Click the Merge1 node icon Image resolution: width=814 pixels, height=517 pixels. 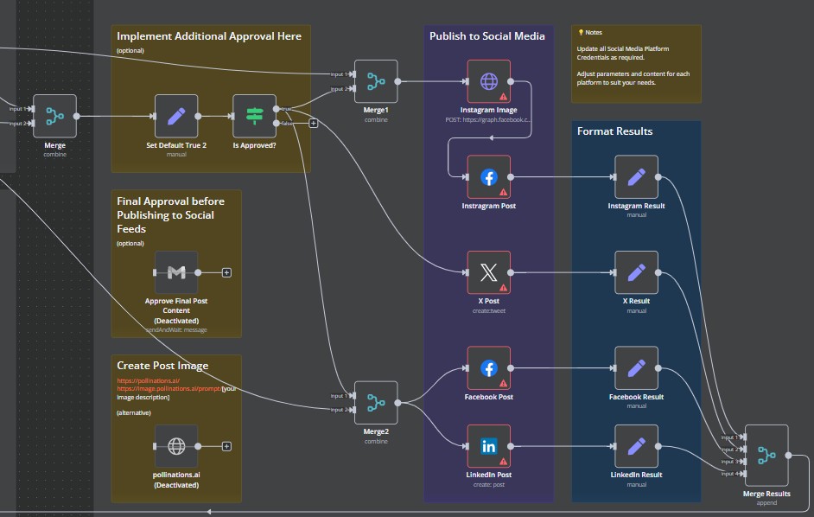click(x=376, y=81)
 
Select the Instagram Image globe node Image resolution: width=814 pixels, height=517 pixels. click(x=488, y=81)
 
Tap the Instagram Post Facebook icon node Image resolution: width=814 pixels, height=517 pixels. click(x=488, y=176)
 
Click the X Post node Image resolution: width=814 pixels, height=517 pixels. click(x=488, y=272)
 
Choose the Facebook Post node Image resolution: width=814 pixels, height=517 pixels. click(x=488, y=368)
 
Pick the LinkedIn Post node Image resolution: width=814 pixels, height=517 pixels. click(x=488, y=446)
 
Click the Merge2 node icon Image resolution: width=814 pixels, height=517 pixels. click(x=376, y=403)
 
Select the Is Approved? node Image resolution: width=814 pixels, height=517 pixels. click(x=255, y=116)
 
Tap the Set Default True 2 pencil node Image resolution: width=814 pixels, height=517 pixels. click(x=176, y=116)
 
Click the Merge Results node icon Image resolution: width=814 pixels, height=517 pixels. click(x=766, y=455)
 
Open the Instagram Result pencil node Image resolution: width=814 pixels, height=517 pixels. click(x=636, y=176)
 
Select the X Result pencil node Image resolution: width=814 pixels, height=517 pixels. click(x=636, y=272)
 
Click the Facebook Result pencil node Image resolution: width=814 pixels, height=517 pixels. click(x=636, y=368)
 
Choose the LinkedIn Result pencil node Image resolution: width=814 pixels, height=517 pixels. click(x=636, y=446)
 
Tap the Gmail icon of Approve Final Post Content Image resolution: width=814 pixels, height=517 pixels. click(x=176, y=272)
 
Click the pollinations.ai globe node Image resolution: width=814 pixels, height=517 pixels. click(x=176, y=446)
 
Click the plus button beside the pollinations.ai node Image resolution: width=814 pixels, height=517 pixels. click(x=226, y=446)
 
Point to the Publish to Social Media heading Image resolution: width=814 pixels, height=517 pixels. click(x=487, y=36)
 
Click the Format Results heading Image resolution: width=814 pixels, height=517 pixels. click(x=614, y=131)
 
